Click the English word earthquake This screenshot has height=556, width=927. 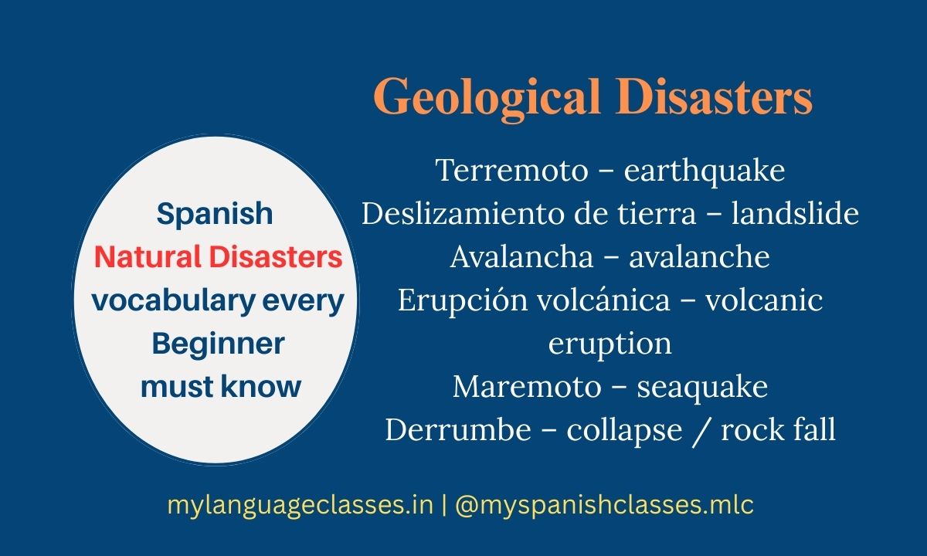[x=705, y=170]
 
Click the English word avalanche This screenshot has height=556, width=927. [x=700, y=256]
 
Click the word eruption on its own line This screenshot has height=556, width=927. [x=610, y=343]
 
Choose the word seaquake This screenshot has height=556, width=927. [x=702, y=386]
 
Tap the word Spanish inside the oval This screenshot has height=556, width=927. [x=215, y=213]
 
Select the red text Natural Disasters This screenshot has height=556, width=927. [x=218, y=257]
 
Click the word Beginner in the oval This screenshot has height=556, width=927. [x=219, y=343]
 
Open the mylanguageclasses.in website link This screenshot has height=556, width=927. [x=300, y=505]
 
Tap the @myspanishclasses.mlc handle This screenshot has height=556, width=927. [x=605, y=505]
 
